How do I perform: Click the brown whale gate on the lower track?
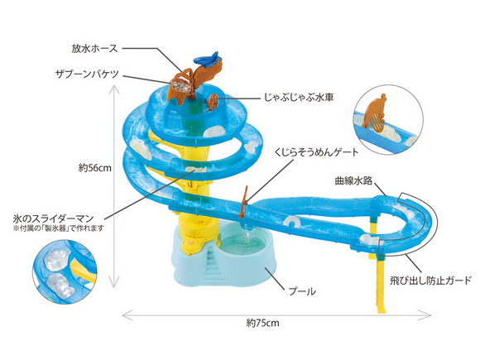[x=245, y=200]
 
